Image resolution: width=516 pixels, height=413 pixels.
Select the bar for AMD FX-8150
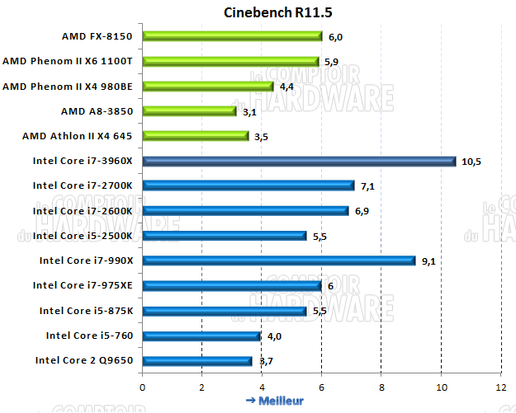[x=232, y=35]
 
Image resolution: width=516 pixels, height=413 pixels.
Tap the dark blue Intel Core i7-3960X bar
[x=299, y=161]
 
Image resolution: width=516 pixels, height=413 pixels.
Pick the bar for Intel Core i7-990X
[x=279, y=260]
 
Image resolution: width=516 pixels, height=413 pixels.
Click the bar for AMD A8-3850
[x=189, y=110]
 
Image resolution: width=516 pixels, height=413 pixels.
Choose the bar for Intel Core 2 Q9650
[x=197, y=360]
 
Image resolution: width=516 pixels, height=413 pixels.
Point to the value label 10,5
[x=471, y=162]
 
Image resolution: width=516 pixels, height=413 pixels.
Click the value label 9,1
[x=429, y=261]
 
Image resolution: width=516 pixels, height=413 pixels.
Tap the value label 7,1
[x=369, y=186]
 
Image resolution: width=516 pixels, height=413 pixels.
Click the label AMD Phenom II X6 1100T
[x=73, y=61]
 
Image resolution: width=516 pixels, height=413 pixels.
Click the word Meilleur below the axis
[x=281, y=401]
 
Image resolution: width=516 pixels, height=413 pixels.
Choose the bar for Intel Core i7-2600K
[x=246, y=211]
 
